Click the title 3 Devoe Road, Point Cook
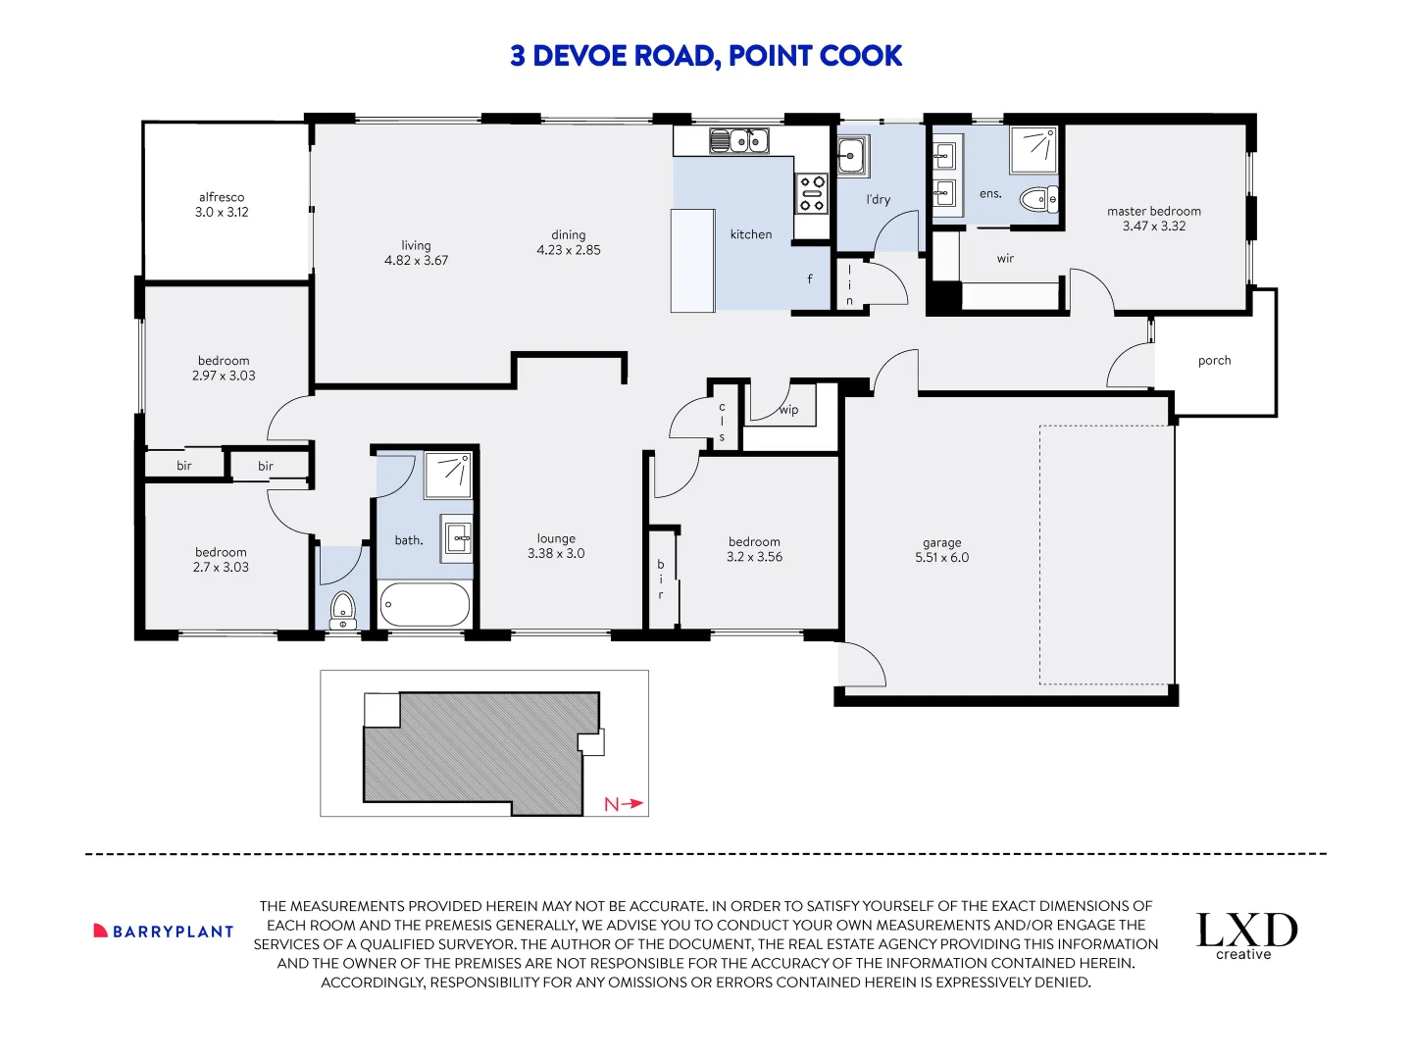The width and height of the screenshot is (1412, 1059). [x=706, y=56]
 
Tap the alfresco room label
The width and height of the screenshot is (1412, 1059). [x=222, y=197]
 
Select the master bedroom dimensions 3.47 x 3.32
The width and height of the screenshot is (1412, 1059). [x=1153, y=226]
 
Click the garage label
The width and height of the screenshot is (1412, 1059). [x=941, y=543]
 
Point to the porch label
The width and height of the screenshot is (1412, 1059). [x=1214, y=361]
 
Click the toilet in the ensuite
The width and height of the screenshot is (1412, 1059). [x=1038, y=199]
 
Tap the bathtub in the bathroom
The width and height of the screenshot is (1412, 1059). [x=425, y=604]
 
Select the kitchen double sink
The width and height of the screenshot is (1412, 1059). [x=738, y=141]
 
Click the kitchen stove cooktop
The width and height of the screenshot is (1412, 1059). [x=811, y=193]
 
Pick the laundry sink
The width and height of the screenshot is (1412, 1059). [x=853, y=155]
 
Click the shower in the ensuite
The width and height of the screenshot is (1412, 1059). [x=1033, y=150]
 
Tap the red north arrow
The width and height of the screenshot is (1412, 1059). [x=633, y=803]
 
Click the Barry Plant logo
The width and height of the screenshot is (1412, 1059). [x=164, y=932]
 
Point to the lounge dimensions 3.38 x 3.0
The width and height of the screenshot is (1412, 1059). [x=556, y=554]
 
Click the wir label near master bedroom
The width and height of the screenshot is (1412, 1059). [x=1005, y=259]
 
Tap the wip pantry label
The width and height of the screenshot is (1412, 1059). [x=788, y=410]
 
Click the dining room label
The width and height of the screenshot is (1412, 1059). [x=568, y=235]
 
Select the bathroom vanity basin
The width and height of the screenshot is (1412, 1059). [x=456, y=538]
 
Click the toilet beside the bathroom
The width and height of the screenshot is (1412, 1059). [x=342, y=610]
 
